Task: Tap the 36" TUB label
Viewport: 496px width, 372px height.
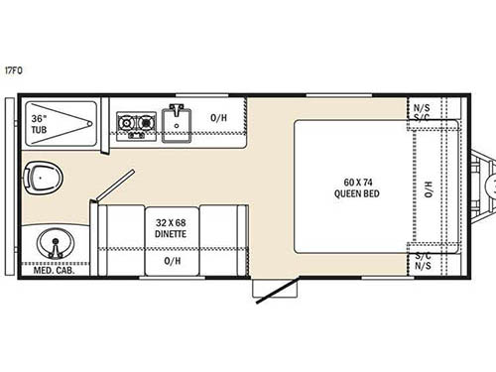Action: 40,123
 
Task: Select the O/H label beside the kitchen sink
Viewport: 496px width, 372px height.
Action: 219,118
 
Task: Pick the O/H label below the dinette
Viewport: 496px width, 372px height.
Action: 171,262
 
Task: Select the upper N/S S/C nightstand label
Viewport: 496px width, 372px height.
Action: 422,112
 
